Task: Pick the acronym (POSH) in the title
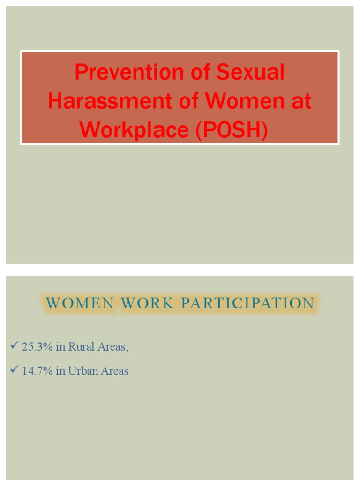(232, 130)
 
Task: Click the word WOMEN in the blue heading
(80, 303)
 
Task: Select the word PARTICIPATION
(247, 303)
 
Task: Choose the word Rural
(81, 347)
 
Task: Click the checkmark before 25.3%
(13, 346)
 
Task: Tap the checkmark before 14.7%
(13, 370)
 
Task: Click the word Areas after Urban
(114, 371)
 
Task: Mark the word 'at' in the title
(301, 101)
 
